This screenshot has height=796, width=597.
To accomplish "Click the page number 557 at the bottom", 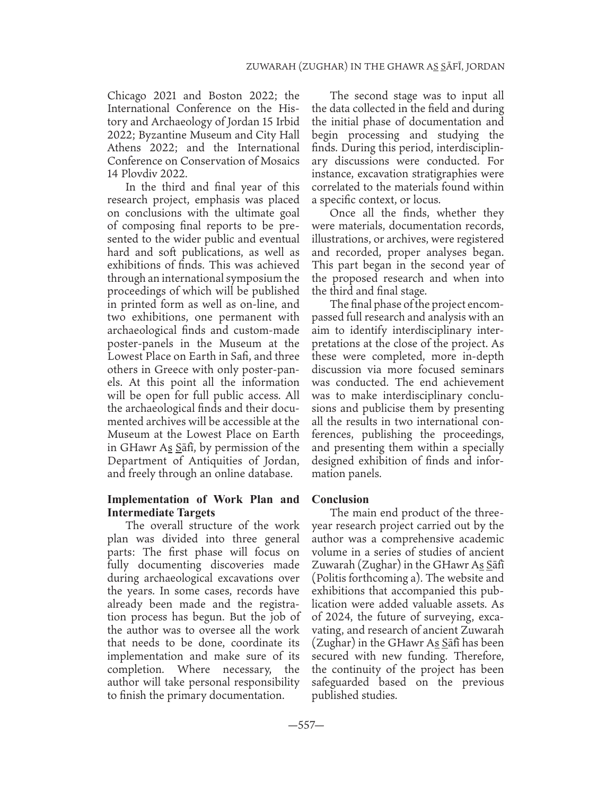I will click(x=298, y=725).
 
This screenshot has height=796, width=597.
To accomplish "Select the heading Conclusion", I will click(x=340, y=499).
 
